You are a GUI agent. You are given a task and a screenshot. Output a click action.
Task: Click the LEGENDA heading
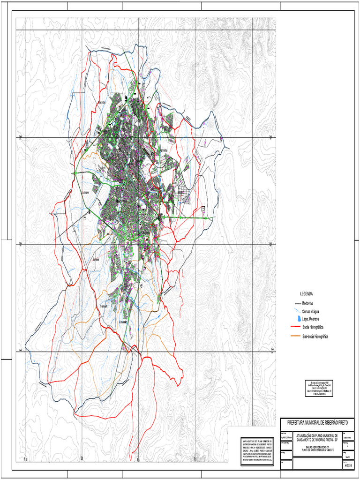(306, 294)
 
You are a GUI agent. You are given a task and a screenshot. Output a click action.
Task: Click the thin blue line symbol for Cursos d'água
(294, 311)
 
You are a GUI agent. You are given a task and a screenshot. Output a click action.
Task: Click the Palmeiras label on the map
(165, 150)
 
